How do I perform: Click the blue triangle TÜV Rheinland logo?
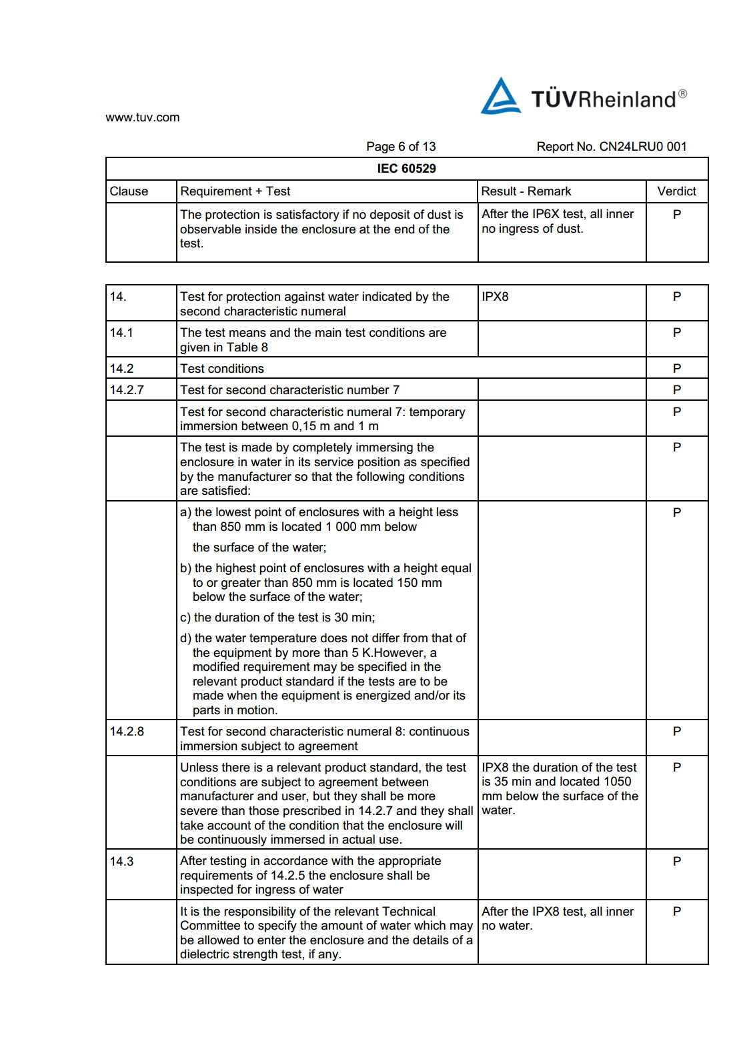(500, 97)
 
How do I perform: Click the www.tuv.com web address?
(142, 117)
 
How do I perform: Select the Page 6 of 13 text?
(400, 147)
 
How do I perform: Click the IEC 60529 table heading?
(406, 169)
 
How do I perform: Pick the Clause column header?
(129, 191)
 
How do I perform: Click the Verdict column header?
(676, 191)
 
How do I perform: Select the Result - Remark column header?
(526, 191)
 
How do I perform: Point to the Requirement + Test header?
(235, 191)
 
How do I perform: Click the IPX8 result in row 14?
(495, 297)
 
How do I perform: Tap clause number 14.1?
(121, 333)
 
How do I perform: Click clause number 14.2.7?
(127, 390)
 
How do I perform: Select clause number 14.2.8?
(127, 732)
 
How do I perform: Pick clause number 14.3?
(121, 862)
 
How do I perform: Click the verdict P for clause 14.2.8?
(677, 732)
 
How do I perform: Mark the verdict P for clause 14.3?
(677, 862)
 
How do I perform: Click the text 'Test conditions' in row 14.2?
(222, 369)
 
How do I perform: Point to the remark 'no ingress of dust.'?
(532, 229)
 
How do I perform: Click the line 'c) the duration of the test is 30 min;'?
(277, 618)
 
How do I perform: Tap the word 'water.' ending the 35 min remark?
(498, 810)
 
